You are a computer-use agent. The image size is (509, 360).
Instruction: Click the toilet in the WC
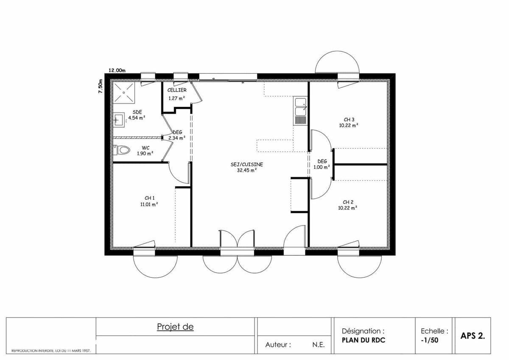122,150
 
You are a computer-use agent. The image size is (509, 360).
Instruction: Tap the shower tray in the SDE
124,92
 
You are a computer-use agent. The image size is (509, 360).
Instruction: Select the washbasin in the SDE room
119,120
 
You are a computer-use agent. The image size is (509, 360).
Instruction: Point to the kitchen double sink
300,110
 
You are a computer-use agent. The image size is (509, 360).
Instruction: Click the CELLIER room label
177,90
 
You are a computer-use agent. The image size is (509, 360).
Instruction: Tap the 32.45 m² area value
247,170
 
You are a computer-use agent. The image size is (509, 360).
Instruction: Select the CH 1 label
149,198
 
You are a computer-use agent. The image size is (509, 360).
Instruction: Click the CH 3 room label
349,120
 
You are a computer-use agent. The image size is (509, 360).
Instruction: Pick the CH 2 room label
348,202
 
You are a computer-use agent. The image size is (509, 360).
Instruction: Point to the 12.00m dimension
117,70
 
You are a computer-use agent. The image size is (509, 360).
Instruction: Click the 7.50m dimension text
101,86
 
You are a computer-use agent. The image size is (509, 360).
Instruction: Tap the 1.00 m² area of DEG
322,167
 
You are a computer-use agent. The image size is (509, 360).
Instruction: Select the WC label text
145,148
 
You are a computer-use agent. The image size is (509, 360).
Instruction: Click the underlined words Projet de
175,327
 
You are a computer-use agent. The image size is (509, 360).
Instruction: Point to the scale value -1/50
429,340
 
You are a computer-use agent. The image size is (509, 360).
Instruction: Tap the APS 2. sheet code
473,336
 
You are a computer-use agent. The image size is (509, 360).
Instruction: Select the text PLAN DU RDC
364,340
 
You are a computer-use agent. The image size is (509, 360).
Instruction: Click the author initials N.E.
319,345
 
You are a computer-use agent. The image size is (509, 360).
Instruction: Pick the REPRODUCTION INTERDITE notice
51,351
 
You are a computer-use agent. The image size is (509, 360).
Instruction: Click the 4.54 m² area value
137,118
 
